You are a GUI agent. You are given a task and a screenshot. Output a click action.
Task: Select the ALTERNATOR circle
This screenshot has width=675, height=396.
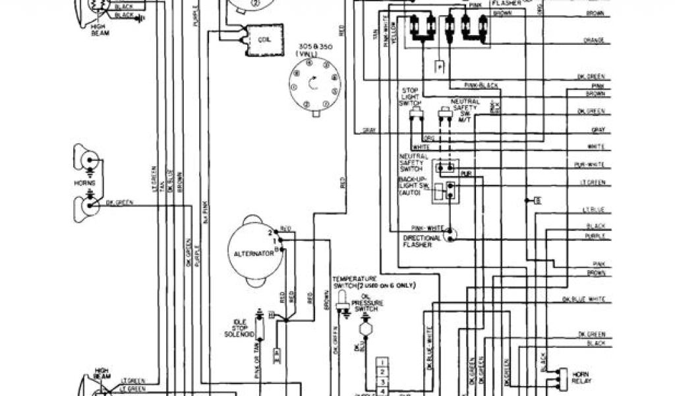(252, 252)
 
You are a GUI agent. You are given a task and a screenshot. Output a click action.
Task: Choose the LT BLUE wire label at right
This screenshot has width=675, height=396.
(595, 209)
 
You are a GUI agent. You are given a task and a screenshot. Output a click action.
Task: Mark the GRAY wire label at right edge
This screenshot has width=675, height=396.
(599, 129)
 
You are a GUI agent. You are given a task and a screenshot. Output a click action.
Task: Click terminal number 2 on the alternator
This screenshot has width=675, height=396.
(270, 234)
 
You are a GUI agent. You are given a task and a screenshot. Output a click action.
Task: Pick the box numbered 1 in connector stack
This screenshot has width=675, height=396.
(382, 362)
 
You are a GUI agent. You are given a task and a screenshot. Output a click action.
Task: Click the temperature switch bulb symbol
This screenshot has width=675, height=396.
(342, 302)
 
